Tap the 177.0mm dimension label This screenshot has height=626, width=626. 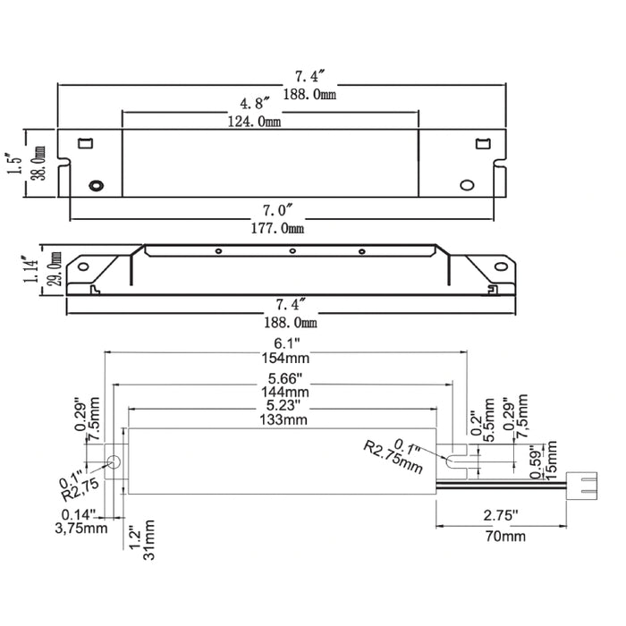pos(279,230)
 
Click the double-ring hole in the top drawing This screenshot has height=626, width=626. pos(96,185)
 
